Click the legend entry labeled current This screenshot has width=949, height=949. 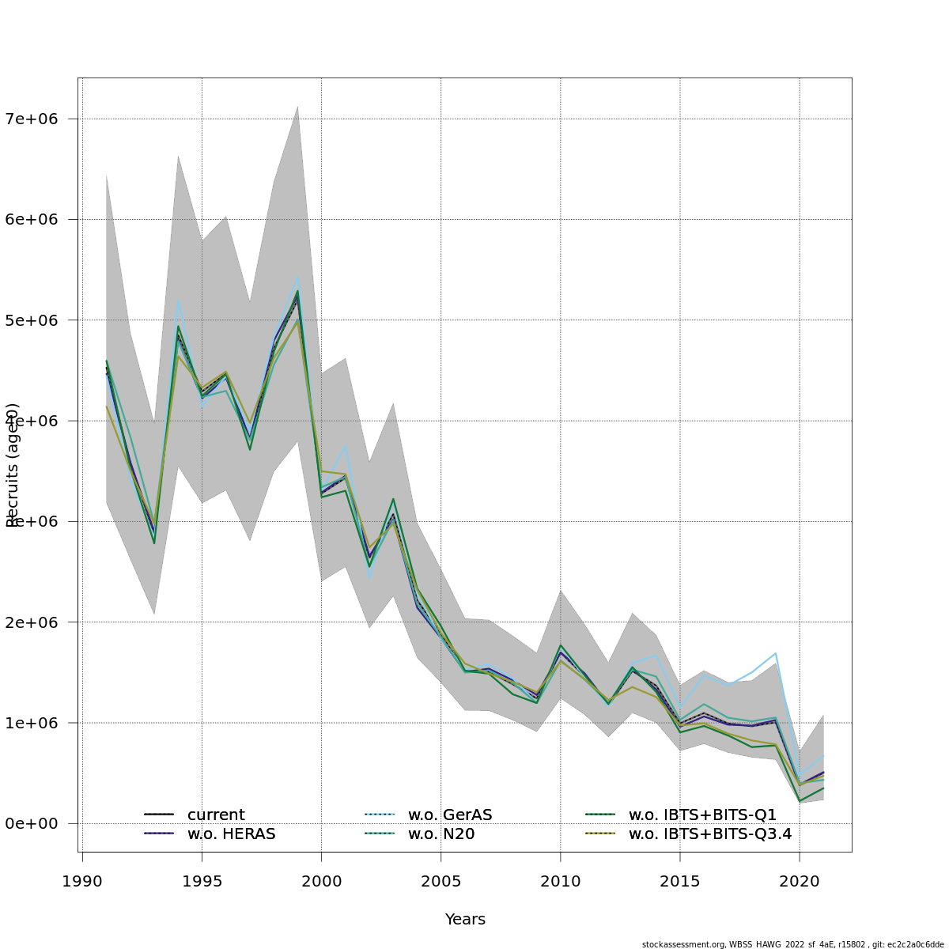[216, 815]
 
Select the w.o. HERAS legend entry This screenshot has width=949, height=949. [231, 834]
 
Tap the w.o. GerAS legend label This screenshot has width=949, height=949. [450, 815]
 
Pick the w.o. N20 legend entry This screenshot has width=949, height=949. [440, 834]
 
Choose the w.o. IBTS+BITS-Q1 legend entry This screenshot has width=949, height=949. [702, 815]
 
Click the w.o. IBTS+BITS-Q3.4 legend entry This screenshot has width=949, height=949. [709, 834]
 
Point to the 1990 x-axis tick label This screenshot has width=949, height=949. [82, 881]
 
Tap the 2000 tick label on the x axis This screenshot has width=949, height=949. [321, 881]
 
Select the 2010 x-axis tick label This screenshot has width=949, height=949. [560, 881]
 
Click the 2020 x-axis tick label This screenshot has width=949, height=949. [800, 881]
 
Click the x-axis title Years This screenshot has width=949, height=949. [465, 920]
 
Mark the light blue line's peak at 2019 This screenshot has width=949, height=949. [776, 653]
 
